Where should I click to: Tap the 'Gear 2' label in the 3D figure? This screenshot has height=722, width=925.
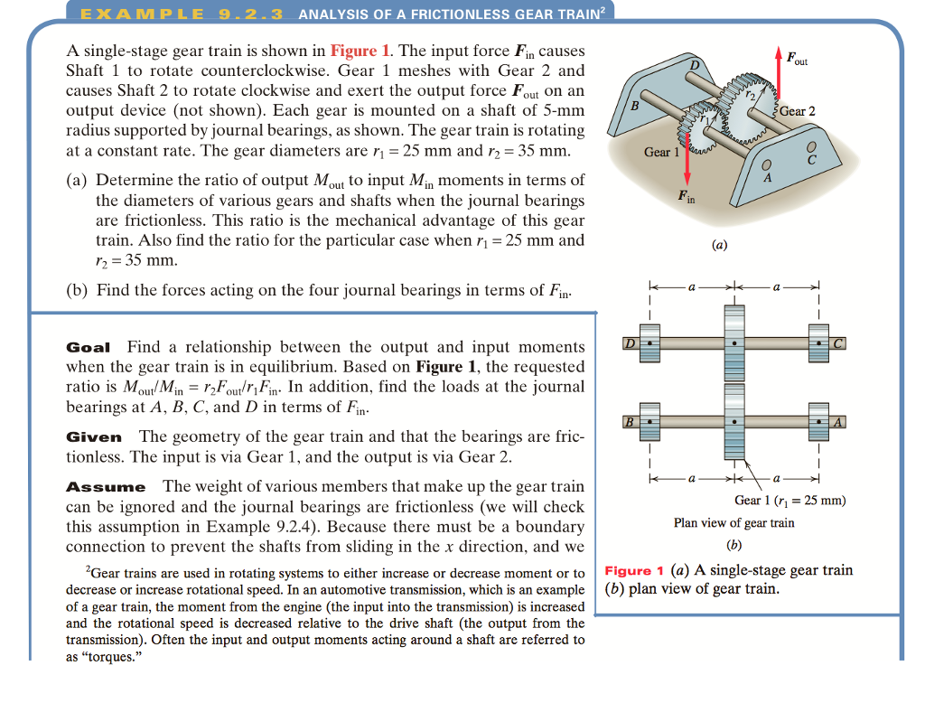tap(798, 111)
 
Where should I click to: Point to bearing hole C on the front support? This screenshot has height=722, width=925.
tap(810, 146)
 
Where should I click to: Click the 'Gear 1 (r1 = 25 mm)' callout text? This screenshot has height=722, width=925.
tap(790, 501)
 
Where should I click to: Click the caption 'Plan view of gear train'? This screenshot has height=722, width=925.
tap(733, 522)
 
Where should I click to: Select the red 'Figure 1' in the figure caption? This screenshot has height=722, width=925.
tap(634, 570)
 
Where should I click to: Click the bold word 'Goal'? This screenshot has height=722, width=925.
tap(89, 347)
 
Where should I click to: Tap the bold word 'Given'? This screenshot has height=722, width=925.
tap(94, 436)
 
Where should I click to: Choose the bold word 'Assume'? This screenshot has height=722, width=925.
tap(106, 487)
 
